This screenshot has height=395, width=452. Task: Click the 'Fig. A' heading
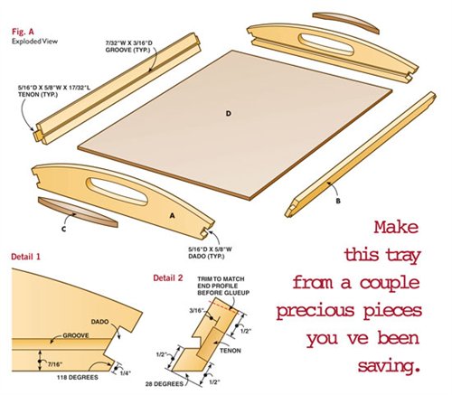coord(23,32)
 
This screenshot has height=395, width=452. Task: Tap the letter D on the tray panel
coord(229,114)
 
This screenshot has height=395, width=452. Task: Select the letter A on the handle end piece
coord(172,215)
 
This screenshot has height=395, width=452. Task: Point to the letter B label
coord(338,201)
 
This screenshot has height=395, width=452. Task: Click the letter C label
coord(63,230)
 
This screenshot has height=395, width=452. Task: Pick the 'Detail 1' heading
coord(25,257)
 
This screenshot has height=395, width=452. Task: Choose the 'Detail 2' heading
coord(168,277)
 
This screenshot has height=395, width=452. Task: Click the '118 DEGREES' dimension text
coord(78,377)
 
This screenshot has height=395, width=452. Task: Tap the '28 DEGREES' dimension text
coord(165,384)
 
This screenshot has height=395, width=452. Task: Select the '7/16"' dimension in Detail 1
coord(55,364)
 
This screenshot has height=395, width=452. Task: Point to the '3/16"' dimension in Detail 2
coord(198,310)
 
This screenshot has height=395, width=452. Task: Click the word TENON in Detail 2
coord(231,351)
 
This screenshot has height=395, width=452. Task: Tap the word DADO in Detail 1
coord(99,322)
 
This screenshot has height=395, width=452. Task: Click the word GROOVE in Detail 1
coord(76,335)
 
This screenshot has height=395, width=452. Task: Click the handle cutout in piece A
coord(117,191)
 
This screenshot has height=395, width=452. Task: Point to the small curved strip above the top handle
coord(345,21)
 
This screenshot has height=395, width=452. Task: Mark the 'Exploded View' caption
coord(34,42)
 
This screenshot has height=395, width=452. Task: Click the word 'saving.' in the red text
coord(389,366)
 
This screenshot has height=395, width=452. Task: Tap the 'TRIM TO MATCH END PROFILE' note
coord(223,286)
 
